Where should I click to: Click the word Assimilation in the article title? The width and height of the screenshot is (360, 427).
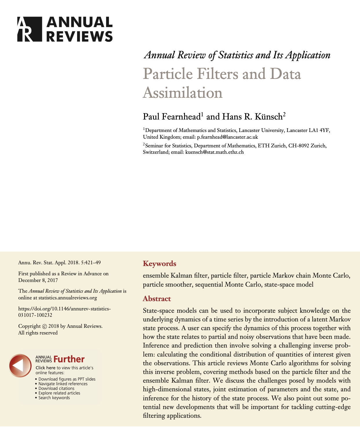click(x=183, y=93)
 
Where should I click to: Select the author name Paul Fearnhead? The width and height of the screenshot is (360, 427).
click(x=172, y=117)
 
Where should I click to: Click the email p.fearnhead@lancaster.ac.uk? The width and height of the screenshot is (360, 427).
click(x=227, y=137)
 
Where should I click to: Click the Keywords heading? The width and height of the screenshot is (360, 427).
click(x=159, y=264)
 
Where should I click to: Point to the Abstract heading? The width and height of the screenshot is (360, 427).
click(x=157, y=299)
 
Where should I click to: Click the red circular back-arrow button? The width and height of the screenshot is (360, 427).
click(x=20, y=366)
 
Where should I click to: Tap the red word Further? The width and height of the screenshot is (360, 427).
click(x=69, y=359)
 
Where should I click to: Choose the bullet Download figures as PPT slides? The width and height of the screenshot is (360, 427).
click(x=67, y=379)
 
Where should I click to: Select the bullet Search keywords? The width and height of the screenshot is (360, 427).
click(x=54, y=398)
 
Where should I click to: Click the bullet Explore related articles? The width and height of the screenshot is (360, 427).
click(x=59, y=393)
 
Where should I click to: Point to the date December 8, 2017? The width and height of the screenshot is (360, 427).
click(x=38, y=280)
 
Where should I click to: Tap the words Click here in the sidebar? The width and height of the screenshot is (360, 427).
click(x=45, y=368)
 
